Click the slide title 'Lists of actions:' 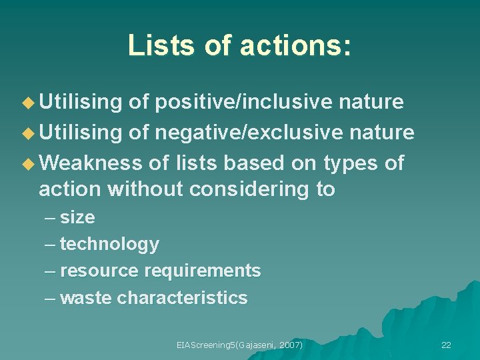pyautogui.click(x=239, y=45)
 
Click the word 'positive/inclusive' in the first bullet pyautogui.click(x=243, y=102)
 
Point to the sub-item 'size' pyautogui.click(x=77, y=218)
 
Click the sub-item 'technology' pyautogui.click(x=109, y=245)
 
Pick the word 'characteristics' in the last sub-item pyautogui.click(x=182, y=298)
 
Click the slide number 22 pyautogui.click(x=446, y=345)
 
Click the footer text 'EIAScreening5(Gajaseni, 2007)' pyautogui.click(x=239, y=345)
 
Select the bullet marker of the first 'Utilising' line pyautogui.click(x=28, y=103)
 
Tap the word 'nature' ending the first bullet pyautogui.click(x=371, y=102)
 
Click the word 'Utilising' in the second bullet pyautogui.click(x=81, y=133)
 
